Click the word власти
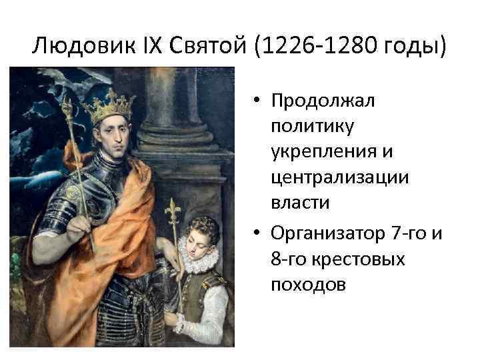coord(300,203)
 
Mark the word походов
coord(308,285)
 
